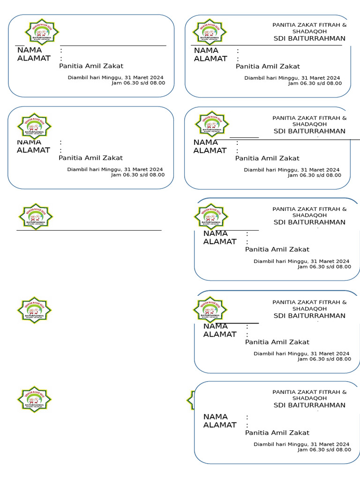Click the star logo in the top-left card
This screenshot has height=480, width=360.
click(42, 31)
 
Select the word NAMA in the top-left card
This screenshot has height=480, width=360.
click(29, 50)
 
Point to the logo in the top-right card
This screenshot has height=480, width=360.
click(210, 31)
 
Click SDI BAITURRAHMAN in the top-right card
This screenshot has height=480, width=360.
click(309, 38)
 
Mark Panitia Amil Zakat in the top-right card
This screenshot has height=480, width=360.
click(268, 67)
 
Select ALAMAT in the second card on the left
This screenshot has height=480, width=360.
click(33, 150)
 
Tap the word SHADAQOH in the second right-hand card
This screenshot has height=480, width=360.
click(309, 124)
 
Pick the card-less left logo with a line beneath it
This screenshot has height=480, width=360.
click(35, 216)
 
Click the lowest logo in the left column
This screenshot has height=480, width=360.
click(34, 399)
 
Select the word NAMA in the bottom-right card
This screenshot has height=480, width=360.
click(215, 417)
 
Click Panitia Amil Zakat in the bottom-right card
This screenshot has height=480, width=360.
click(277, 433)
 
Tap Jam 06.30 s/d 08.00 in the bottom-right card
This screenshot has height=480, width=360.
click(324, 450)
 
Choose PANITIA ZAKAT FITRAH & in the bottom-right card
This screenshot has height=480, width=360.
click(309, 392)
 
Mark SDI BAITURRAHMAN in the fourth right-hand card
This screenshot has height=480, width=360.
click(309, 315)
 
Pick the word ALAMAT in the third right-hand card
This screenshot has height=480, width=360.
click(220, 242)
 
